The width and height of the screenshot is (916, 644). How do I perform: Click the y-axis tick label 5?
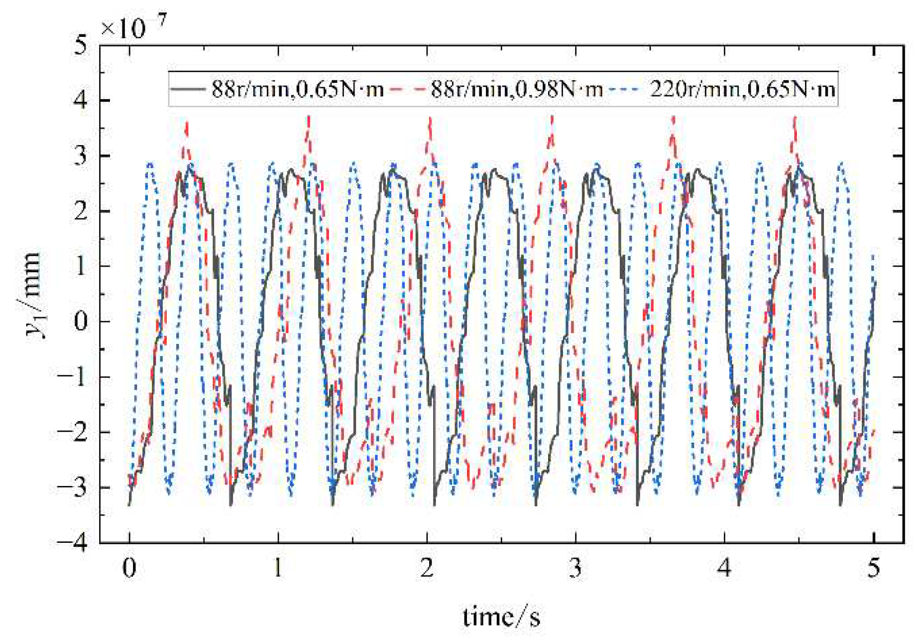point(80,46)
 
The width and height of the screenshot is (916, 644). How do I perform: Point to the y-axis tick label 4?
point(80,101)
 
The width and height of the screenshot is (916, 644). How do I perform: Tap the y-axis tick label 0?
point(80,322)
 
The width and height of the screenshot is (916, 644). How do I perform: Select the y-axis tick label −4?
point(73,542)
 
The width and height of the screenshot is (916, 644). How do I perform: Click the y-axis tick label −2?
point(73,432)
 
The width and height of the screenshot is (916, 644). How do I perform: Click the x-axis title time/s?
point(501,617)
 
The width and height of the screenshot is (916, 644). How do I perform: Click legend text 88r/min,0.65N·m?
point(298,90)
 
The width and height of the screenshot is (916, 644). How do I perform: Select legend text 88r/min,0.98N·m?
point(517,90)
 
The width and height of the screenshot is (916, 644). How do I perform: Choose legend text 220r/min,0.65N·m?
point(742,90)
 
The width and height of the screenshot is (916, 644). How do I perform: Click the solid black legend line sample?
point(188,90)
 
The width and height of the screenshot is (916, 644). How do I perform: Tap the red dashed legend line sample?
point(408,90)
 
